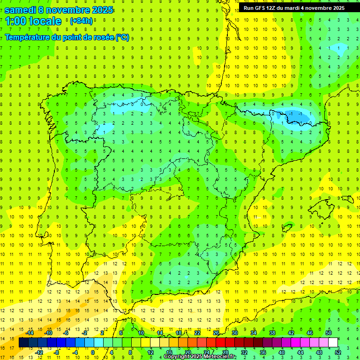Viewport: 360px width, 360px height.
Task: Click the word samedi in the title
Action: pos(20,10)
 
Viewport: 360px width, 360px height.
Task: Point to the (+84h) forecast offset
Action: pos(81,21)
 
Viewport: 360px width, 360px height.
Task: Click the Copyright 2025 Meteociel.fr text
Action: pos(200,357)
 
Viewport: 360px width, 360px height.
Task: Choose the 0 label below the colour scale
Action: pos(93,352)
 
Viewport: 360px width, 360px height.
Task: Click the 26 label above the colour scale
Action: pos(216,333)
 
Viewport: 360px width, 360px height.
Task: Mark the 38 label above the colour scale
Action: pos(272,333)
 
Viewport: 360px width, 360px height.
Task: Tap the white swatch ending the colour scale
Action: pos(333,343)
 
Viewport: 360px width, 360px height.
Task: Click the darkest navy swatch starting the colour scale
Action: pos(24,343)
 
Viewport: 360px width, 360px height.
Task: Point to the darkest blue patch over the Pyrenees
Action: pos(295,115)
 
